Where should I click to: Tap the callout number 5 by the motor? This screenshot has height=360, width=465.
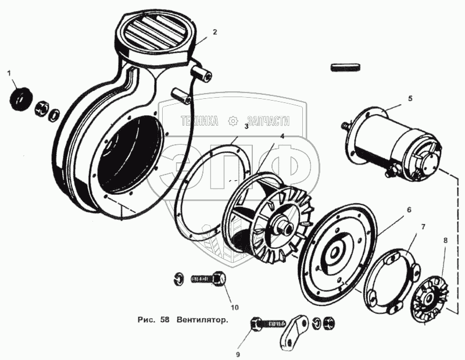[x=410, y=99]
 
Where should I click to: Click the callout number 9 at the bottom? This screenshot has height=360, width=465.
[x=237, y=352]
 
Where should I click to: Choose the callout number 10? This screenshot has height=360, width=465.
[x=234, y=307]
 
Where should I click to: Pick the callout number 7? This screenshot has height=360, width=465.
[x=423, y=226]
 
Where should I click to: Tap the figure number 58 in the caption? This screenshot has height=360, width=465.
[x=159, y=320]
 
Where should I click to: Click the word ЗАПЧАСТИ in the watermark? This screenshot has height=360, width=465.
[x=267, y=121]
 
